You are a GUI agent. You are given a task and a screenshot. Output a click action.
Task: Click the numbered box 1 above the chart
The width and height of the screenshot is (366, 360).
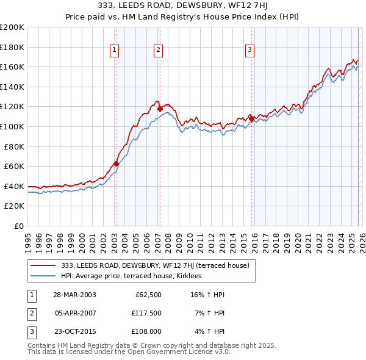click(x=115, y=51)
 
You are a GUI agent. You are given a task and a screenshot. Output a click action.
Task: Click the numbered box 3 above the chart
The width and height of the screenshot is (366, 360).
click(x=250, y=51)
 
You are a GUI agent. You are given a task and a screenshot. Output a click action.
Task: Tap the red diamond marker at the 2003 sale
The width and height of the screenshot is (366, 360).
click(x=116, y=164)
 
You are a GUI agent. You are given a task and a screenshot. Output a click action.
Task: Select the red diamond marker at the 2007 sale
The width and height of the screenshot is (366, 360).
click(x=160, y=109)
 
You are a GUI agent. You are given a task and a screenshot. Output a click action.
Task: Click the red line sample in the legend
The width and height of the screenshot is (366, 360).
click(x=43, y=265)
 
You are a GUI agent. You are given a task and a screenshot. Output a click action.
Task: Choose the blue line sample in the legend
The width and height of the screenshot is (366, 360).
click(x=43, y=276)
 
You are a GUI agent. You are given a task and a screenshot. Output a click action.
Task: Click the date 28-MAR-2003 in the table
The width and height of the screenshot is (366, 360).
click(x=74, y=295)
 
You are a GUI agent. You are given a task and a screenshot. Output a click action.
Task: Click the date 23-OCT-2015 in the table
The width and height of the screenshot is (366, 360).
click(x=74, y=333)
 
